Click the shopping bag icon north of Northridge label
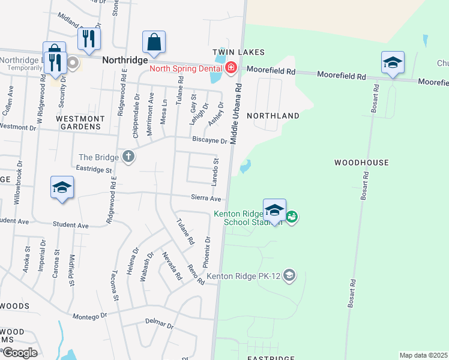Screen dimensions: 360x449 (x=154, y=42)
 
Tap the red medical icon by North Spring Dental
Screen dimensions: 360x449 (x=231, y=68)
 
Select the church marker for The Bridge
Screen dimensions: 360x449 (x=128, y=157)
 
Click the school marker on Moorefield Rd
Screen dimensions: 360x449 (x=393, y=62)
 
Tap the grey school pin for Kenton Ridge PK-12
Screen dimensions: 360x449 (x=289, y=275)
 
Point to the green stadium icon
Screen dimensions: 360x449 (x=292, y=217)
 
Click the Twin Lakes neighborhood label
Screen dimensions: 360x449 (x=238, y=53)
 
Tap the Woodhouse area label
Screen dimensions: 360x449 (x=361, y=163)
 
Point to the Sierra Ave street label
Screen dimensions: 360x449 (x=206, y=198)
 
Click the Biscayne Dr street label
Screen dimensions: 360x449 (x=209, y=141)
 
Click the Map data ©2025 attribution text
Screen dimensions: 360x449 (x=423, y=355)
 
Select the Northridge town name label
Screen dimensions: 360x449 (x=124, y=60)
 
